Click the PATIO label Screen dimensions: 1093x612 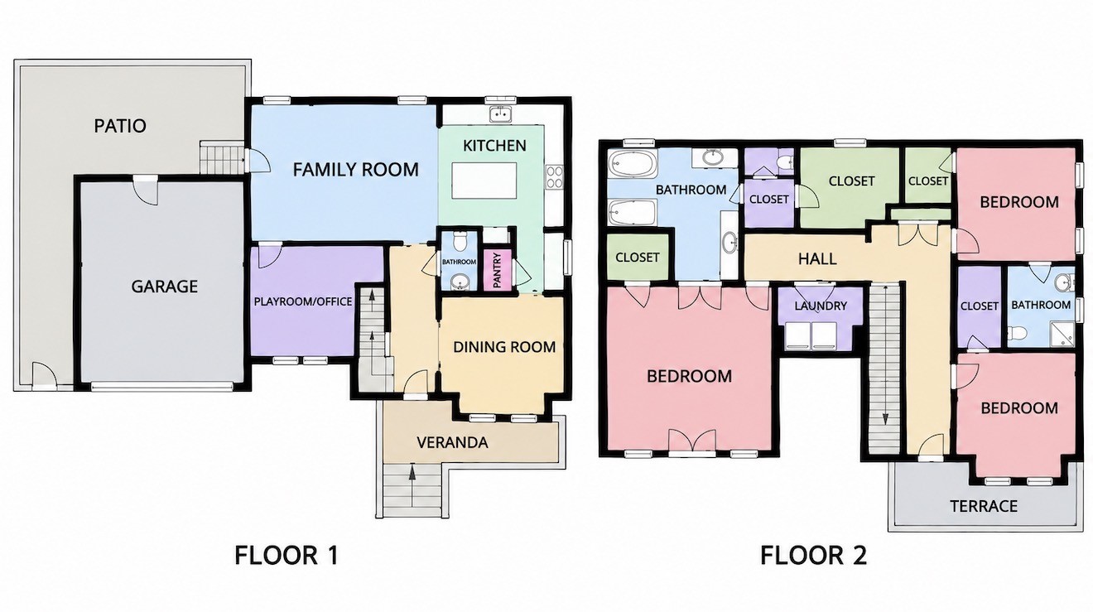[120, 126]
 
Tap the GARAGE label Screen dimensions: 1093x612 [165, 286]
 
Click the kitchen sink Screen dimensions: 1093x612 [501, 114]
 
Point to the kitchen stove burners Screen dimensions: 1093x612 [554, 177]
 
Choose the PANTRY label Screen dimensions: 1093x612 [497, 271]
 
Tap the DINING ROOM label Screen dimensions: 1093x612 [504, 347]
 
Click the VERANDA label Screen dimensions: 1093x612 [452, 443]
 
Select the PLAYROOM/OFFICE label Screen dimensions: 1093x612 [303, 301]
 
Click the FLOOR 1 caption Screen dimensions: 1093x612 [286, 556]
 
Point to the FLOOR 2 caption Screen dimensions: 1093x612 [813, 556]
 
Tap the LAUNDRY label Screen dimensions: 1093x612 [821, 306]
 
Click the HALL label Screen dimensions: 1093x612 [818, 258]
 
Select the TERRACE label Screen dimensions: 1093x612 [984, 506]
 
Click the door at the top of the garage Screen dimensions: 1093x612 [146, 190]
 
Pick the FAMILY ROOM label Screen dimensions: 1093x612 [356, 170]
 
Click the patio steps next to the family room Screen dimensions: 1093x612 [222, 157]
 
